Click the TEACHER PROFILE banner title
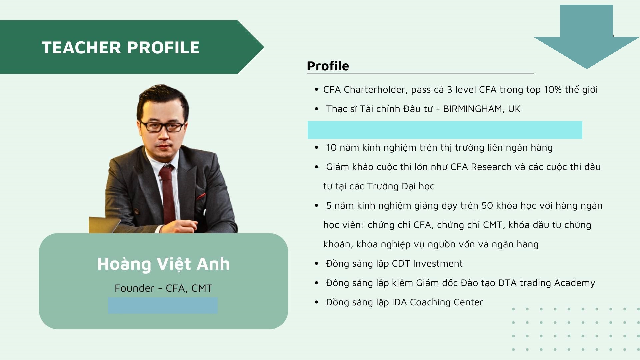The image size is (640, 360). [x=120, y=47]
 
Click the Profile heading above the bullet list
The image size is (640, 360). [x=328, y=66]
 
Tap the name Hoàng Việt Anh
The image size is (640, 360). [x=163, y=264]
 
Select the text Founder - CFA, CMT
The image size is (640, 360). [x=163, y=288]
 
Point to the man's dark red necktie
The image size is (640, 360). [x=167, y=193]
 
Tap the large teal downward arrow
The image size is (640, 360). [x=586, y=37]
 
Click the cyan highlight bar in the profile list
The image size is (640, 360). [x=445, y=130]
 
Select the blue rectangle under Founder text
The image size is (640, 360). [x=163, y=305]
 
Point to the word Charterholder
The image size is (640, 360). [x=374, y=90]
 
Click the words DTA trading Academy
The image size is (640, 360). [x=547, y=283]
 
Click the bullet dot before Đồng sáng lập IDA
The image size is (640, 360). [x=317, y=302]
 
